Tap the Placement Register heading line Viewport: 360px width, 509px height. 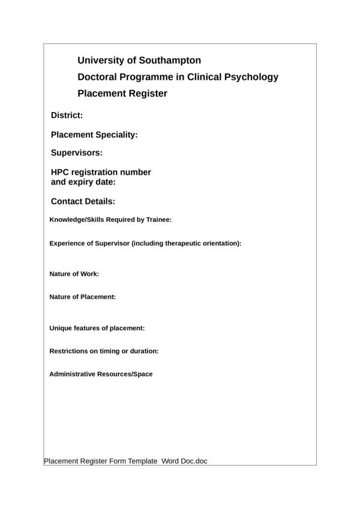(122, 94)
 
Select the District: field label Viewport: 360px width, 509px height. (67, 115)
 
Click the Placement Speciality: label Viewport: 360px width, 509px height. (94, 135)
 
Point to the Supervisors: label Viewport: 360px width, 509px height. (77, 152)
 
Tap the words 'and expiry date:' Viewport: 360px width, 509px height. (83, 182)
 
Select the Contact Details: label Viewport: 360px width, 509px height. (83, 201)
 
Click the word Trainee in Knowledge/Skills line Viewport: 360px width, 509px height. (158, 219)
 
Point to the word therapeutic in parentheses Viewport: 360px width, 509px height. (176, 243)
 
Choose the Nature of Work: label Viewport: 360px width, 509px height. (74, 274)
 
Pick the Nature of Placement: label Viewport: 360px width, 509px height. (82, 297)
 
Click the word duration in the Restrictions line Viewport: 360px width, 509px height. (144, 351)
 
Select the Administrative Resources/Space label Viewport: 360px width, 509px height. (101, 374)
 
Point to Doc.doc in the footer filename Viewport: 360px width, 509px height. (194, 462)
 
